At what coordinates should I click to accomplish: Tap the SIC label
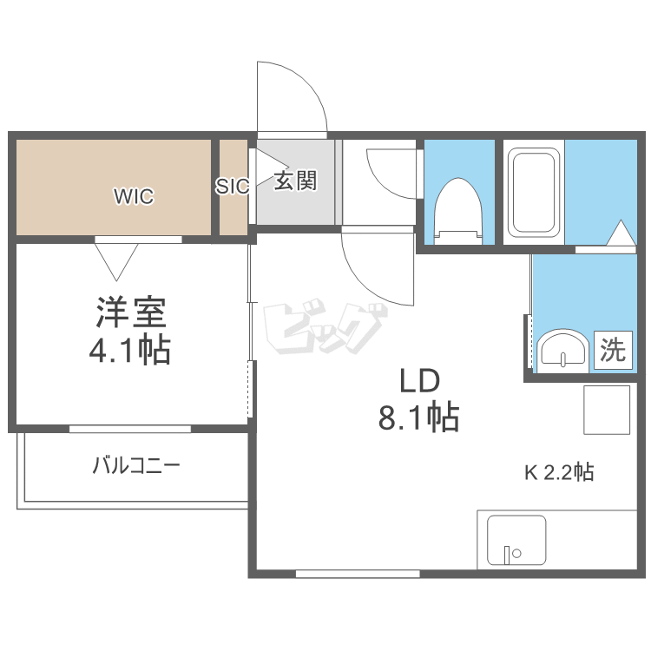[x=232, y=186]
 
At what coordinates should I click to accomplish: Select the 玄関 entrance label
[x=295, y=181]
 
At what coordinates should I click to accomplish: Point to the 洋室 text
[x=131, y=312]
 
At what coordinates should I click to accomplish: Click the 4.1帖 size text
[x=130, y=350]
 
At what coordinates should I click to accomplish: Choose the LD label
[x=419, y=381]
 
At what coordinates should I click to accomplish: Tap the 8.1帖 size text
[x=418, y=417]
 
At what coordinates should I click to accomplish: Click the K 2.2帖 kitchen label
[x=559, y=472]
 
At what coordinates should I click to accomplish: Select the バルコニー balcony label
[x=136, y=465]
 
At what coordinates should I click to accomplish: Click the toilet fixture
[x=458, y=211]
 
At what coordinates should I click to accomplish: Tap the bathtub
[x=534, y=193]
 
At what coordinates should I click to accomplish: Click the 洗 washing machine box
[x=613, y=350]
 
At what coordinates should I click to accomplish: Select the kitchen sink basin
[x=516, y=540]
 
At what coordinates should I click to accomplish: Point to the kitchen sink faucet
[x=507, y=556]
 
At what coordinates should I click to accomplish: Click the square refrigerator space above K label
[x=607, y=410]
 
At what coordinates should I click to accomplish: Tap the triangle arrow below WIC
[x=116, y=261]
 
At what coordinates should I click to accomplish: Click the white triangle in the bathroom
[x=621, y=233]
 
